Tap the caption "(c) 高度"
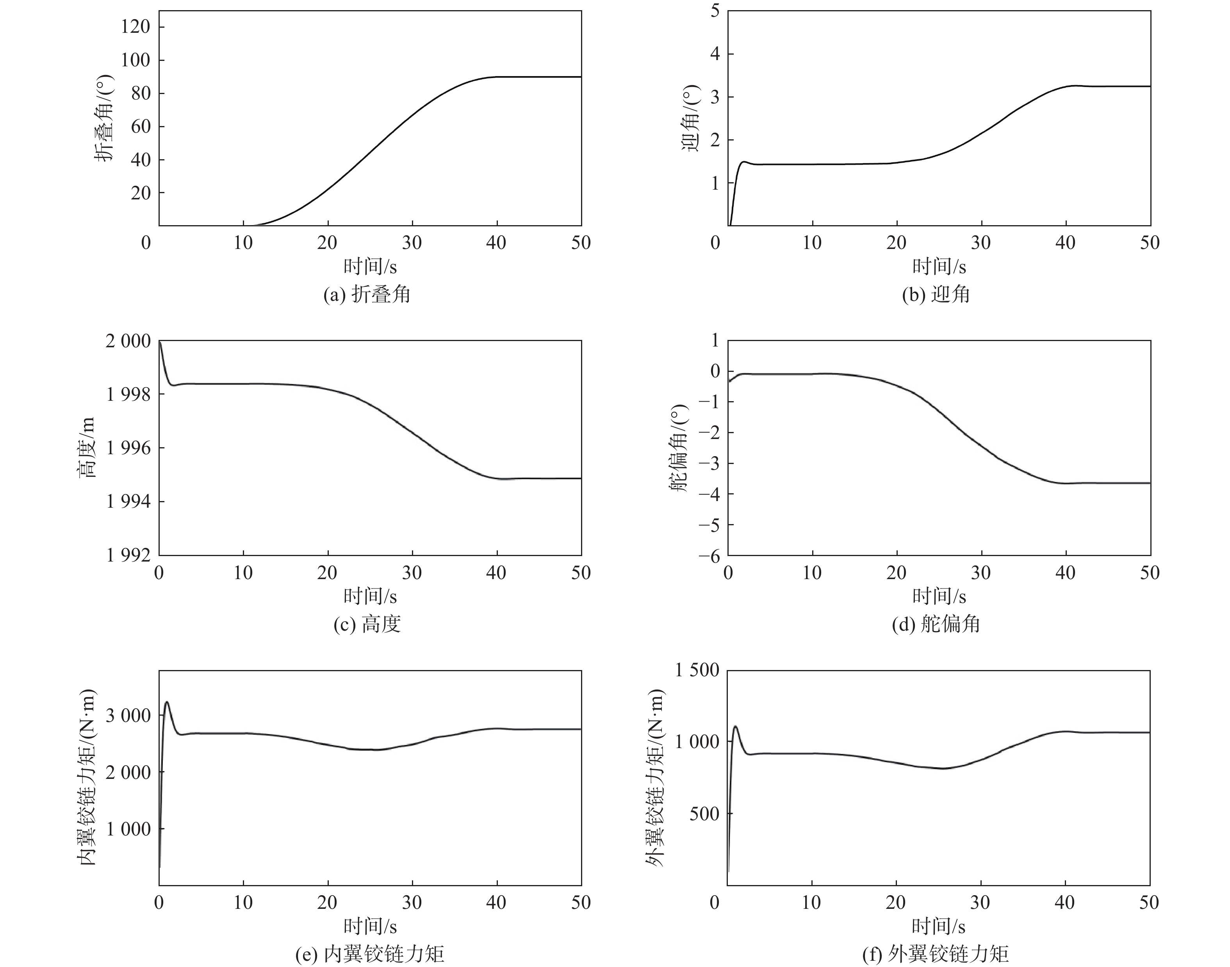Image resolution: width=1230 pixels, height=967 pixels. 367,624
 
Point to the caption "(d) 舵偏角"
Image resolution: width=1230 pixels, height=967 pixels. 936,624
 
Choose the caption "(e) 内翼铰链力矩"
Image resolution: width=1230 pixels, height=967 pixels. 369,954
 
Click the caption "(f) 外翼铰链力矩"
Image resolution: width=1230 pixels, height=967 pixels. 936,954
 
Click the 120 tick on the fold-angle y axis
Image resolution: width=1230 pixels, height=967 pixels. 135,27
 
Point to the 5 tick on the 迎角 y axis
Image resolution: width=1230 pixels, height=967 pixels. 715,11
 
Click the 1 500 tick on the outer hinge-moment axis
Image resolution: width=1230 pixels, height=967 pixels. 697,670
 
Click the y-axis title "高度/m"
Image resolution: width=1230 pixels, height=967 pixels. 87,447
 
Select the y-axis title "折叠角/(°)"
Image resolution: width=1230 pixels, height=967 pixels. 104,118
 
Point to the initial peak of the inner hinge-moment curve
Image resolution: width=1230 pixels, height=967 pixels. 167,702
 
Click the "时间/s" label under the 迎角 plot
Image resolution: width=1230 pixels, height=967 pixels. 939,266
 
